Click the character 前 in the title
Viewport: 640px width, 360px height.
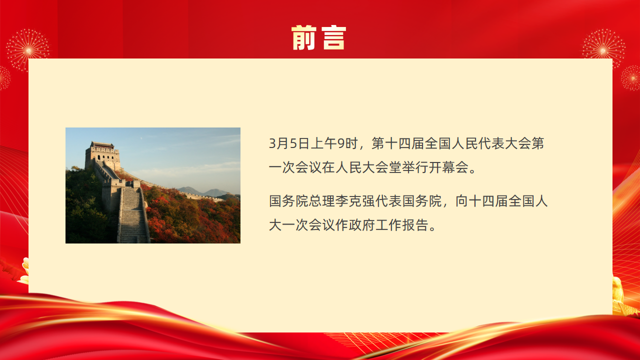click(x=304, y=37)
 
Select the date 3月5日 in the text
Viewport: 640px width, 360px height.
click(x=289, y=143)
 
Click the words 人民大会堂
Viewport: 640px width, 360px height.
click(x=368, y=167)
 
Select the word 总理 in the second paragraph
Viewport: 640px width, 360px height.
click(x=321, y=201)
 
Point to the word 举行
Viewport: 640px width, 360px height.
click(x=415, y=167)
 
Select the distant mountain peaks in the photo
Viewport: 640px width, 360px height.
click(x=203, y=191)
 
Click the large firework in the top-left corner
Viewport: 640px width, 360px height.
click(x=28, y=50)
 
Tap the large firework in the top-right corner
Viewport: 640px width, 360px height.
click(x=603, y=49)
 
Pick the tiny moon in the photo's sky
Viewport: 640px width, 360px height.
click(x=141, y=138)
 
